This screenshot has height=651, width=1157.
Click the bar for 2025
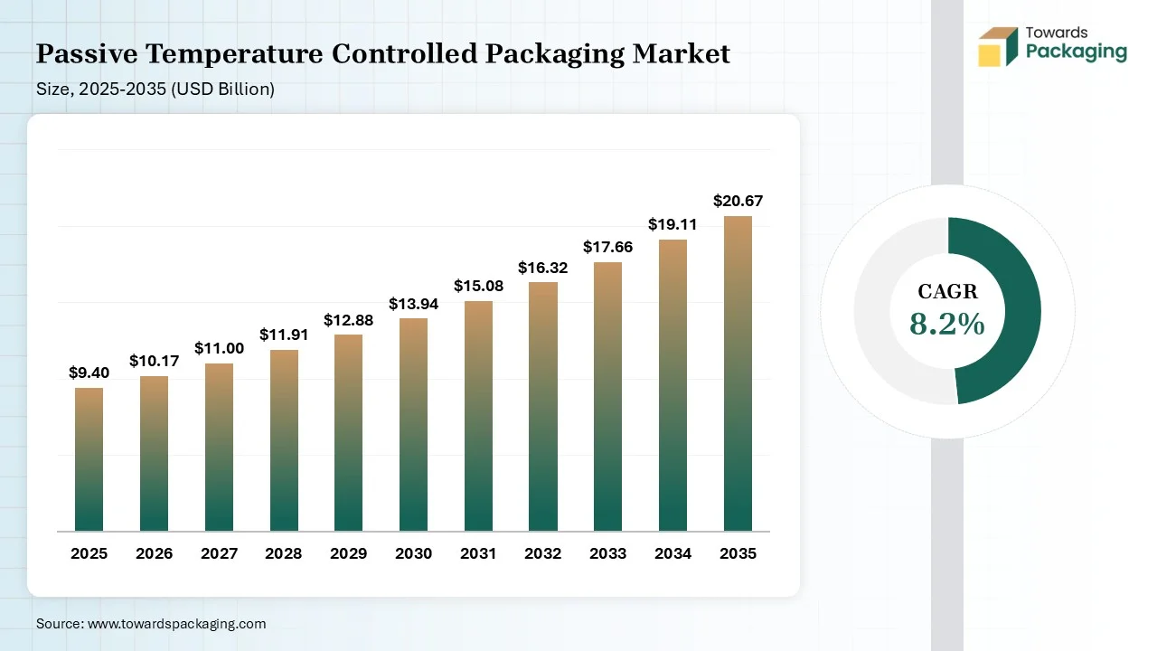click(x=89, y=459)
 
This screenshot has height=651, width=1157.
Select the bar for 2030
click(x=413, y=425)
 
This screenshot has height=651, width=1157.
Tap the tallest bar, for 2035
click(x=738, y=373)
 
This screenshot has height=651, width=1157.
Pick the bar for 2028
click(x=284, y=440)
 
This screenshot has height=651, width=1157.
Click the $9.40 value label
click(x=89, y=373)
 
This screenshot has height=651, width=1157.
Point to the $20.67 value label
click(x=738, y=201)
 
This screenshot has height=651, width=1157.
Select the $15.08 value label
click(x=478, y=286)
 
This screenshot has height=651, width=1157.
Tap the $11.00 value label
click(x=219, y=348)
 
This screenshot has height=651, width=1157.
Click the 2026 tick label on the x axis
click(x=154, y=553)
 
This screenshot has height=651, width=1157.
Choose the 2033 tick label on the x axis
click(x=607, y=553)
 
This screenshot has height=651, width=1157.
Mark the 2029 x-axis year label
click(x=349, y=553)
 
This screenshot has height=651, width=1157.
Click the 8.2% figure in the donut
click(x=946, y=324)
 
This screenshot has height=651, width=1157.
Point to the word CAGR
click(x=947, y=291)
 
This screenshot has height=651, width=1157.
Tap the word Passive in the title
click(x=86, y=54)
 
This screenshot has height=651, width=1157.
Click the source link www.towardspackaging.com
click(x=176, y=624)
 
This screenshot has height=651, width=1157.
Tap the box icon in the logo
click(x=998, y=47)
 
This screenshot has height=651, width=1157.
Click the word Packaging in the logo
click(x=1076, y=52)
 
